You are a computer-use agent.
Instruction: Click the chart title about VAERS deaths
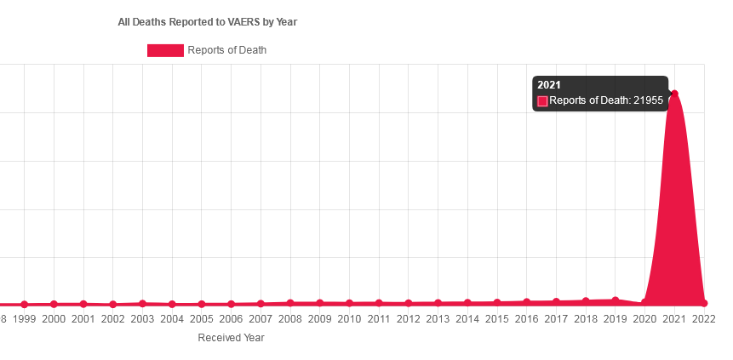(207, 22)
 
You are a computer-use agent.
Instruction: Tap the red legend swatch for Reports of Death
(165, 50)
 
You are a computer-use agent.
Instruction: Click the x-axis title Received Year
(231, 338)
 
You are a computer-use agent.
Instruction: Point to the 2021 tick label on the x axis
(674, 319)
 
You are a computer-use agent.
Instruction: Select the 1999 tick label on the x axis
(24, 319)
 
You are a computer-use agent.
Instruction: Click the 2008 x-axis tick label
(290, 319)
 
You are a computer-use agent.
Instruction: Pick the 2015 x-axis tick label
(497, 319)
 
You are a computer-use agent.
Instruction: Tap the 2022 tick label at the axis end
(703, 319)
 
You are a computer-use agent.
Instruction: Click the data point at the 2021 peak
(674, 94)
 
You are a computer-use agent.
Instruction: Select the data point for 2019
(616, 300)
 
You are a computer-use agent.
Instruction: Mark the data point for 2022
(704, 303)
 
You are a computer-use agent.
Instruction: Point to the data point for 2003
(142, 303)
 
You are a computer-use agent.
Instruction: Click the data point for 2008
(290, 302)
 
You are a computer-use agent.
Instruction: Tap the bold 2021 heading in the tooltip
(549, 85)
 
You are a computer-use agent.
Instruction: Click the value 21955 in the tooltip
(648, 100)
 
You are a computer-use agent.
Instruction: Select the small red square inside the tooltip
(542, 100)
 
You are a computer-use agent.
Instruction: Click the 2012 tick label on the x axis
(409, 319)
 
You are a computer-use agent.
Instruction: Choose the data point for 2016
(527, 302)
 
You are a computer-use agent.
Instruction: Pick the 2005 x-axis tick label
(202, 319)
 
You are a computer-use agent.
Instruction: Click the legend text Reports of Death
(226, 50)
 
